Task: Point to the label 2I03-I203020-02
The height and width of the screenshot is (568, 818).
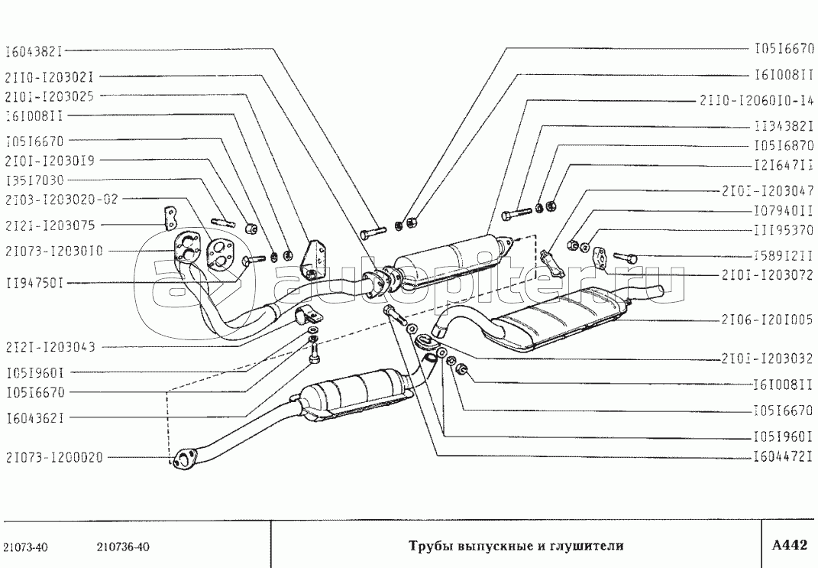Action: (62, 200)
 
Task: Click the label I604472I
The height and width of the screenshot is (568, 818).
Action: (781, 457)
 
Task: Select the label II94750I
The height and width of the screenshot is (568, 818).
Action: (34, 283)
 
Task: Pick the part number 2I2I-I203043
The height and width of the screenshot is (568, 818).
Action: (50, 347)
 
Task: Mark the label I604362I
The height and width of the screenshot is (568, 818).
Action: (34, 417)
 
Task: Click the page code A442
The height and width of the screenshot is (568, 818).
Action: (789, 545)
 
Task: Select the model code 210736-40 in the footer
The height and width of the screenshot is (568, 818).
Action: (123, 547)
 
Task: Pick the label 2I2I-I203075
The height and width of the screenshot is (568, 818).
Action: (50, 225)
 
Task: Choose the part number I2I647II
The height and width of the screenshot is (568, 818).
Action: (781, 165)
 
